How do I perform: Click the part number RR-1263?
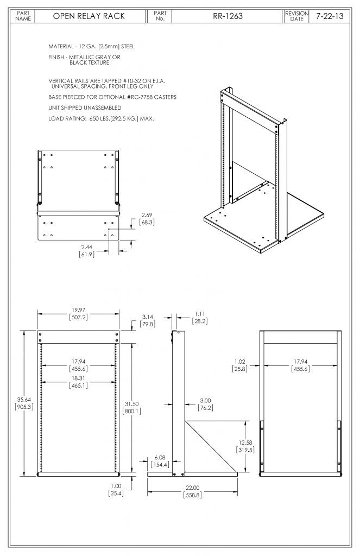coord(228,16)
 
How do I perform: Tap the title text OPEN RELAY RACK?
coord(89,16)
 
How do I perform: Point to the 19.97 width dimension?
coord(78,311)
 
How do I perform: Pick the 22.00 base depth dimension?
coord(193,487)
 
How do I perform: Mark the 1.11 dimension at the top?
coord(200,314)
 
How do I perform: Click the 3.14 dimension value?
coord(147,316)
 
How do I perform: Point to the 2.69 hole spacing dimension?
coord(147,214)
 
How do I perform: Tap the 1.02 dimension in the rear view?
coord(241,361)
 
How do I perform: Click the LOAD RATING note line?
coord(100,118)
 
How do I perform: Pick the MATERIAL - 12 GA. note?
coord(91,47)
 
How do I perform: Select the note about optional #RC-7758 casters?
coord(112,97)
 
